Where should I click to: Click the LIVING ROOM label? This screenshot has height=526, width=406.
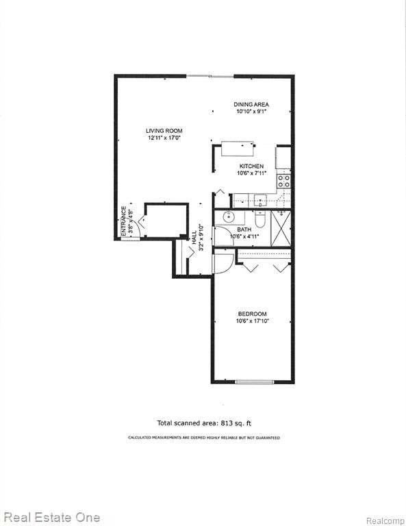(x=164, y=131)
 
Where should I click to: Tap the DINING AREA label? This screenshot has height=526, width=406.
(x=251, y=105)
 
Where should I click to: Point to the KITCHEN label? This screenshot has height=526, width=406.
(x=251, y=166)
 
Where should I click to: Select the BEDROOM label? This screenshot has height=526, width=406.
(x=253, y=314)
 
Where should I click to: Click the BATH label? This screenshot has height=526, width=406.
(x=244, y=230)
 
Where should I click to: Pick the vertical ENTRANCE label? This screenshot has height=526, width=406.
(x=124, y=220)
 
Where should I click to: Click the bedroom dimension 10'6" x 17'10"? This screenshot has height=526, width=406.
(x=253, y=321)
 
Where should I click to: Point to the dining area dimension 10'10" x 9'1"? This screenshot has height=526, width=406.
(x=251, y=112)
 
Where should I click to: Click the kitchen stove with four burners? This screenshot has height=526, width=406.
(x=283, y=181)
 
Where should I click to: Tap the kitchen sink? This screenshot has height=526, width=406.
(x=260, y=201)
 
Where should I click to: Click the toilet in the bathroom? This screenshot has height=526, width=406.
(x=260, y=219)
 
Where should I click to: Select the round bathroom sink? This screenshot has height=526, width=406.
(x=229, y=216)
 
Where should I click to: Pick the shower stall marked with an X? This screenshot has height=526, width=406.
(x=281, y=229)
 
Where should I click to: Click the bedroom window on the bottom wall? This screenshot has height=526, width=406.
(x=255, y=381)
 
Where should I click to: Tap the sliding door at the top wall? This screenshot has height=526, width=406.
(x=210, y=76)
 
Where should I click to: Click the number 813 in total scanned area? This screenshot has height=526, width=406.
(x=227, y=423)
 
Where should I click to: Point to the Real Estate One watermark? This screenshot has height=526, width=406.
(x=51, y=518)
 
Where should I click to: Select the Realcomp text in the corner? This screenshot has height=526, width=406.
(x=385, y=521)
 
